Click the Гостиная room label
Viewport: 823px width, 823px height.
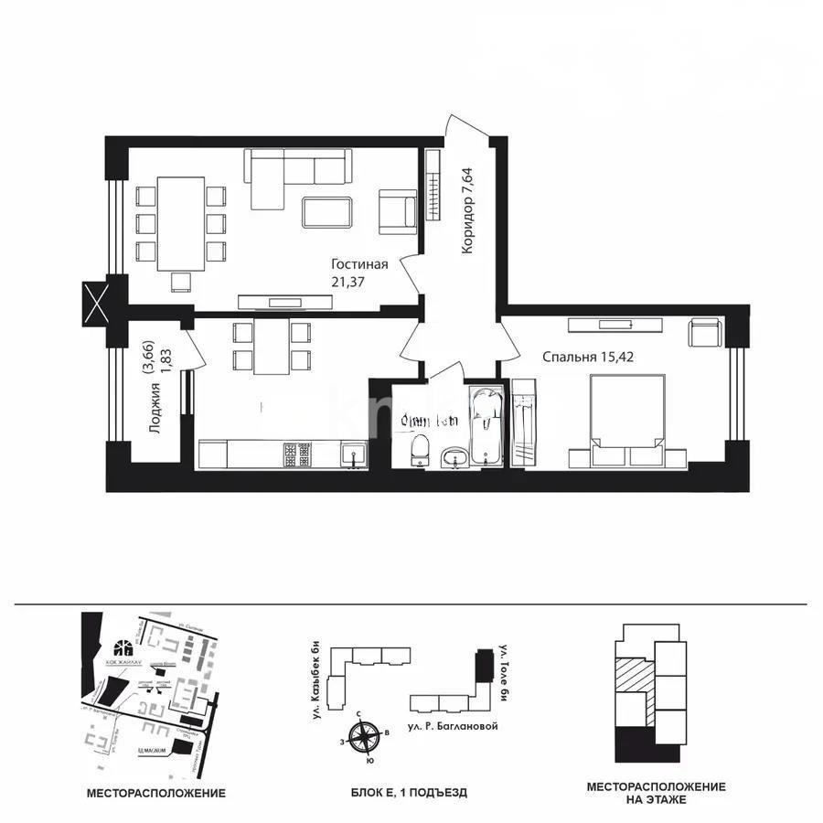pyautogui.click(x=359, y=265)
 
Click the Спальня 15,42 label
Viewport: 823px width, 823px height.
pyautogui.click(x=588, y=357)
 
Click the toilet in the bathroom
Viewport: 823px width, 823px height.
pyautogui.click(x=420, y=450)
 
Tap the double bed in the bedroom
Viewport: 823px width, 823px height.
pyautogui.click(x=627, y=420)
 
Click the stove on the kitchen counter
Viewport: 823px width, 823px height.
pyautogui.click(x=296, y=454)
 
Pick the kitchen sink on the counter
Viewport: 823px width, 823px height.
pyautogui.click(x=351, y=454)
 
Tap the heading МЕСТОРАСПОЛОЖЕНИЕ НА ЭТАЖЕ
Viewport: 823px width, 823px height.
pyautogui.click(x=656, y=793)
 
